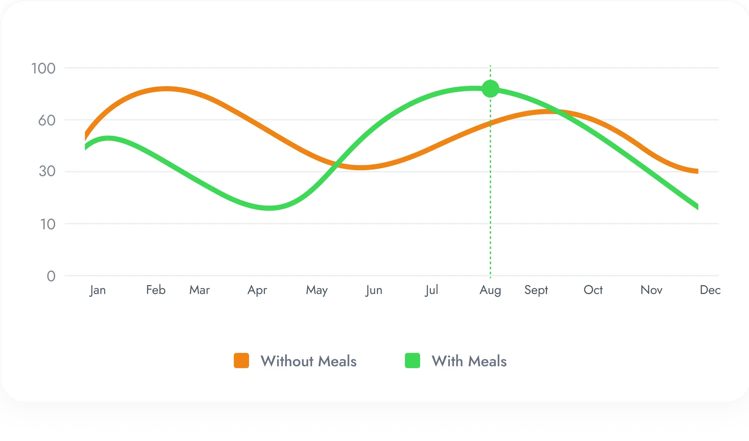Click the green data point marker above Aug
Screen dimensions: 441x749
pos(490,89)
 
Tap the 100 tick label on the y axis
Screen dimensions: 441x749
pos(43,68)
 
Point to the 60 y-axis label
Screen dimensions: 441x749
pos(47,120)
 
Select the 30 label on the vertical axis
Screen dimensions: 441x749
pos(47,171)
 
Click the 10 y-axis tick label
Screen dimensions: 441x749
pos(48,224)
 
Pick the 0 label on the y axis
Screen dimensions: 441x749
pos(51,276)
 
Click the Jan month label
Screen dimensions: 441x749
pos(97,290)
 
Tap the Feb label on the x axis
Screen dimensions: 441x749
pos(156,290)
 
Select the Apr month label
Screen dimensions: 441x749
pos(257,290)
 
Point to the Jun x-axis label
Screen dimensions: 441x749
pos(374,290)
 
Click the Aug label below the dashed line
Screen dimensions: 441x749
pos(490,290)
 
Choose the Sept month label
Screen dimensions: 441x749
pos(536,290)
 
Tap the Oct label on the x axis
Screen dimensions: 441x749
pos(593,290)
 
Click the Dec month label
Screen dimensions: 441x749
pos(710,290)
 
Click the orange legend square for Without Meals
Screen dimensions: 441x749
pos(241,361)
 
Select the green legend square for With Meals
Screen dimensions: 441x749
pos(413,361)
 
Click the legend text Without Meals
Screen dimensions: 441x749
pos(309,361)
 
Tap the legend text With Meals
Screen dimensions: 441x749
pos(469,361)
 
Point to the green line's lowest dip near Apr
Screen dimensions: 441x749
pos(269,208)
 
